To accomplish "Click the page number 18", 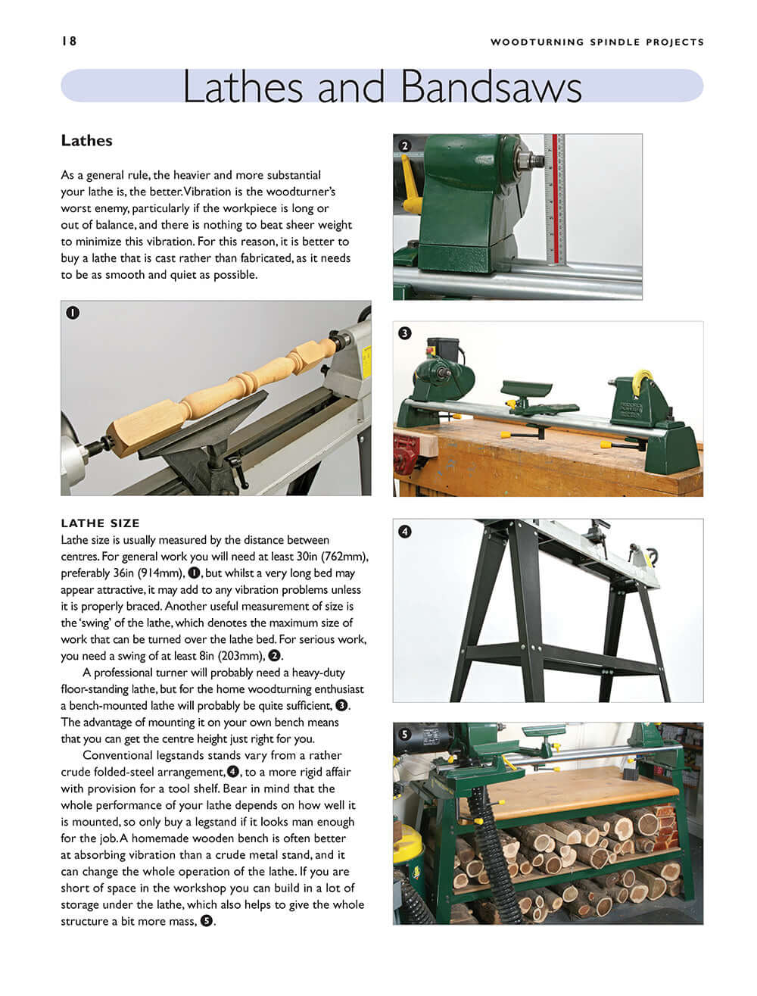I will click(69, 41).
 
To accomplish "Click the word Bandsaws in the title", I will click(491, 87).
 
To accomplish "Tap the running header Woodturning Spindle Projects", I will click(597, 42).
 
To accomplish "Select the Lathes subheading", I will click(86, 141).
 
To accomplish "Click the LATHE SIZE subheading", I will click(100, 523).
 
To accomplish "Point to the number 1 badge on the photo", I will click(73, 312).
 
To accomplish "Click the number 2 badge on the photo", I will click(405, 146).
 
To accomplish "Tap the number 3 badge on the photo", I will click(405, 333).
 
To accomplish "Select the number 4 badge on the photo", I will click(405, 531).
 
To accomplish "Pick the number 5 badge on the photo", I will click(405, 734).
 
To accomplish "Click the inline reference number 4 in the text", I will click(233, 772).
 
